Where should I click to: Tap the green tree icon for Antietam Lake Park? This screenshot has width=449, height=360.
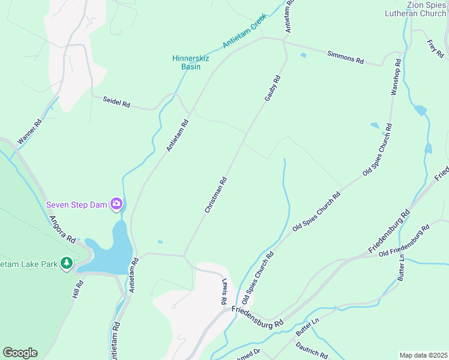tap(67, 263)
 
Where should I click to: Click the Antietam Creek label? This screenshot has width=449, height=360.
tap(244, 33)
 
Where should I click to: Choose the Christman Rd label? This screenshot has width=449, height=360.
tap(215, 194)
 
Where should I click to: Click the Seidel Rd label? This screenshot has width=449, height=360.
tap(116, 103)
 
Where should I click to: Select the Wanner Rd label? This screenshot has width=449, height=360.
tap(29, 132)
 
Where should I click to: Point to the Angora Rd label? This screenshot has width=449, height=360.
tap(62, 230)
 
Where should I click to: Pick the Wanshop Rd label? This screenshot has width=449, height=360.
tap(395, 77)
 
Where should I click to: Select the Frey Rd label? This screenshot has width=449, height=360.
tap(435, 49)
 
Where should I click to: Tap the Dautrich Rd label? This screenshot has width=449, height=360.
tap(312, 349)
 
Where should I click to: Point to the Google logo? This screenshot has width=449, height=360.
tap(20, 353)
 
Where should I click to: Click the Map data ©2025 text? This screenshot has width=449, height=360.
tap(423, 355)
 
